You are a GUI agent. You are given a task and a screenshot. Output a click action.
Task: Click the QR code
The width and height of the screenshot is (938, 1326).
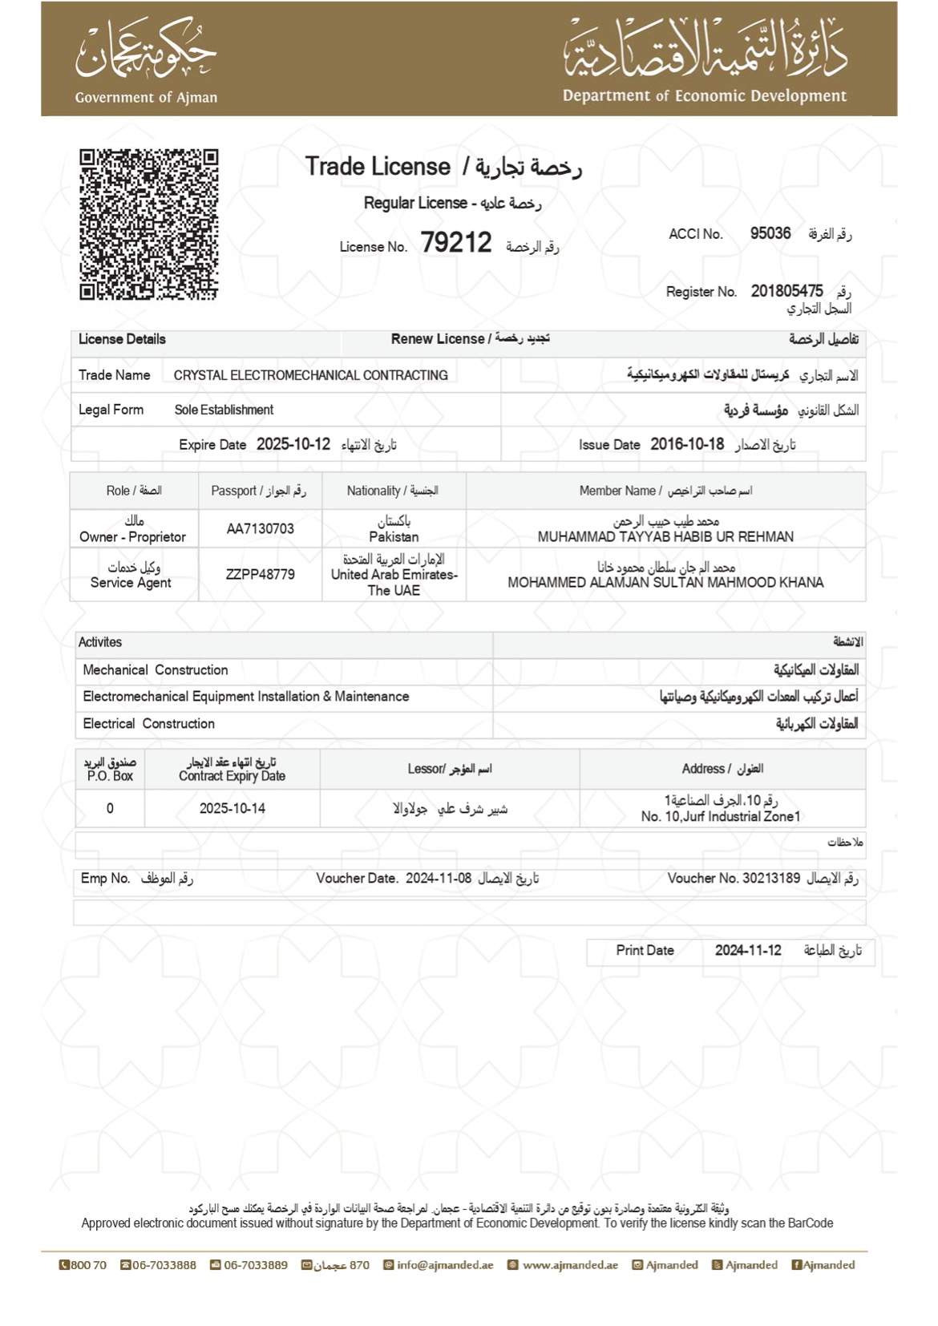[x=148, y=224]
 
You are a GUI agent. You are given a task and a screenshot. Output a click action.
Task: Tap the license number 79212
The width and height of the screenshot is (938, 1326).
[x=455, y=242]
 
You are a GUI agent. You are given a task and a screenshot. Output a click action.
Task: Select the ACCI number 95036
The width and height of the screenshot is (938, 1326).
[x=770, y=233]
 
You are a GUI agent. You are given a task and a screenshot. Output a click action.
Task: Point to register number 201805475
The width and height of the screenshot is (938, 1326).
[x=786, y=291]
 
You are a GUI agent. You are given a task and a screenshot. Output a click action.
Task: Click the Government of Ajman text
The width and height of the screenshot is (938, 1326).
[x=146, y=98]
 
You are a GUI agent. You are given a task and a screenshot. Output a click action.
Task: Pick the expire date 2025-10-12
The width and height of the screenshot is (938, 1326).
[x=293, y=444]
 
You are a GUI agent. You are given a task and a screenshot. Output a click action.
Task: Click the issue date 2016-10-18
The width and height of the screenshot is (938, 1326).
[x=687, y=444]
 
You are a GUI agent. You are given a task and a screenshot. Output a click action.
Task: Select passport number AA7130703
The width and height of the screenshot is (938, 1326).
[x=260, y=529]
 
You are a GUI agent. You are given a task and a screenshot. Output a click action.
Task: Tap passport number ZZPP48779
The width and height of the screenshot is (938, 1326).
[x=260, y=575]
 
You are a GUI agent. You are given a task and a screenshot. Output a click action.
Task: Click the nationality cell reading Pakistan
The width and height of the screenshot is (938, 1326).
[x=394, y=536]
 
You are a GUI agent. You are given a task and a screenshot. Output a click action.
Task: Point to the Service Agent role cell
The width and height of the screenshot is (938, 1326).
[x=131, y=583]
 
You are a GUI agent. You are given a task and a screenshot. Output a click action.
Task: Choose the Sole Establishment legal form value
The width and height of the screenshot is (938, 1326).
[x=224, y=410]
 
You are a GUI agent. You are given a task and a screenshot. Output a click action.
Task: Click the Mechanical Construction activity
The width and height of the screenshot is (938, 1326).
[x=156, y=670]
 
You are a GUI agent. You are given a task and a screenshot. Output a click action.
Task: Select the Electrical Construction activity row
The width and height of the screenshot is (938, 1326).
[x=149, y=724]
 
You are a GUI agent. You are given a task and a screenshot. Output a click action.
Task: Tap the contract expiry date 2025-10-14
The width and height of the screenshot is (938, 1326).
[x=232, y=808]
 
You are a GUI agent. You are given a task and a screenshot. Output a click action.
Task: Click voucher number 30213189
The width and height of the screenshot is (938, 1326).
[x=770, y=878]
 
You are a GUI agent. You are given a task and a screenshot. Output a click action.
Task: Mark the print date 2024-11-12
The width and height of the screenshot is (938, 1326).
[x=747, y=950]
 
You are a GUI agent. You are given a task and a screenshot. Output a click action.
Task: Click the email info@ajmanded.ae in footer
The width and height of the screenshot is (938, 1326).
[x=444, y=1265]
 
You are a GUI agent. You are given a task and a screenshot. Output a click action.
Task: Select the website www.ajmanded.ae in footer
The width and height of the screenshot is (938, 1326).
[x=569, y=1265]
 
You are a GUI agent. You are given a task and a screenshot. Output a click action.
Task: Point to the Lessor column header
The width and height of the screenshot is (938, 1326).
[x=449, y=769]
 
